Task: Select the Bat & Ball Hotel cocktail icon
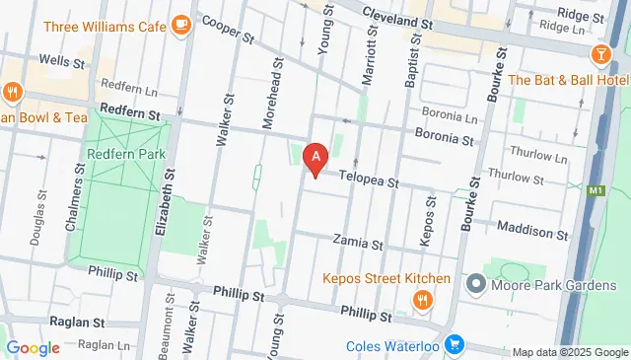pyautogui.click(x=600, y=51)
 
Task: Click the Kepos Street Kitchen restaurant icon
pyautogui.click(x=422, y=298)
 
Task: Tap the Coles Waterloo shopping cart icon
pyautogui.click(x=454, y=344)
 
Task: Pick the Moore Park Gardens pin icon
pyautogui.click(x=477, y=286)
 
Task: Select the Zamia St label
pyautogui.click(x=357, y=240)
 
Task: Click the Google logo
pyautogui.click(x=33, y=347)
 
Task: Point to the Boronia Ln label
pyautogui.click(x=449, y=114)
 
